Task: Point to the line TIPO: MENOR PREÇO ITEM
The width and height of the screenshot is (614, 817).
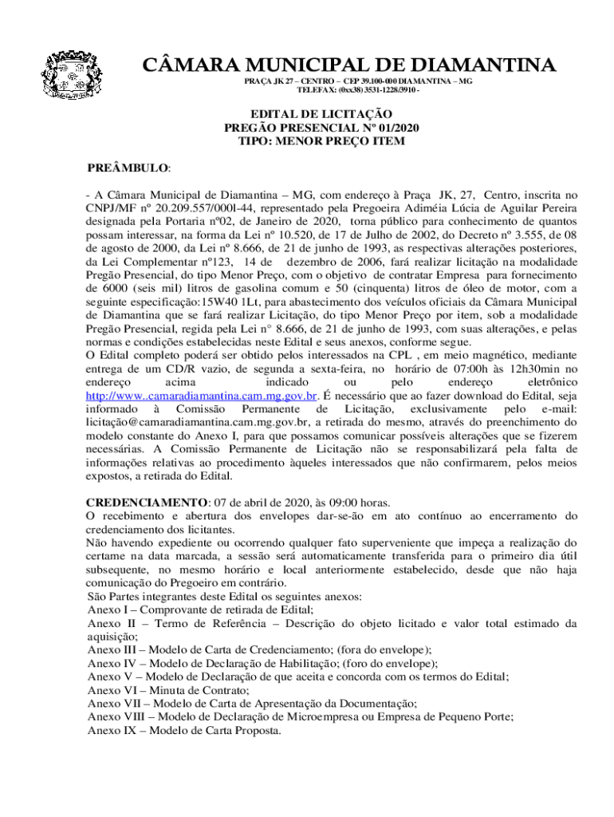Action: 321,141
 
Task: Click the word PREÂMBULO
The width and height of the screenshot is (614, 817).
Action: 128,168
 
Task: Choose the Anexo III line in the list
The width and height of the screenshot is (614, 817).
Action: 259,649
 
